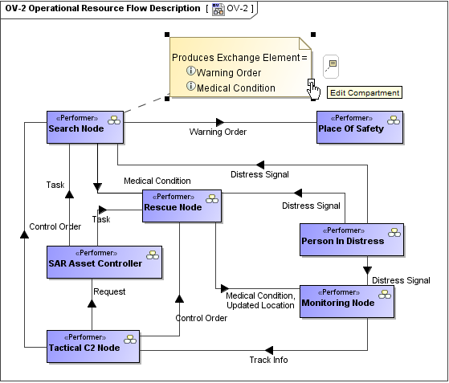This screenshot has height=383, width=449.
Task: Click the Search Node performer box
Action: pyautogui.click(x=85, y=127)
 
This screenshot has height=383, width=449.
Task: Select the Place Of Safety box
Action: pyautogui.click(x=360, y=127)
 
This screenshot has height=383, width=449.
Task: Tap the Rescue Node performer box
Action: pyautogui.click(x=182, y=206)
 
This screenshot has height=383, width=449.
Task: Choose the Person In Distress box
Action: pyautogui.click(x=352, y=239)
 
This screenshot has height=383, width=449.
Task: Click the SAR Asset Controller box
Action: pyautogui.click(x=104, y=262)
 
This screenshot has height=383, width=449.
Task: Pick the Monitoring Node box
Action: pyautogui.click(x=347, y=301)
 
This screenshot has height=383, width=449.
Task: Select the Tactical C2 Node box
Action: pyautogui.click(x=93, y=347)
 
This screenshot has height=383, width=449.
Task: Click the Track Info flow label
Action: pyautogui.click(x=268, y=360)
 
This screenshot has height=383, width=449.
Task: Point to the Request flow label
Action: pyautogui.click(x=109, y=291)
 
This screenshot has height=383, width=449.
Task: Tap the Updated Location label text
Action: pyautogui.click(x=260, y=305)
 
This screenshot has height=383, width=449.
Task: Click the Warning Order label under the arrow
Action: pyautogui.click(x=218, y=132)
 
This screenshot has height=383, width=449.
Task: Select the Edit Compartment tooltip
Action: pyautogui.click(x=365, y=93)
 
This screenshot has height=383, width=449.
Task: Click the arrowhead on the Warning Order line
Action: pyautogui.click(x=220, y=122)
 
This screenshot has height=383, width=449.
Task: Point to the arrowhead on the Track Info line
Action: pyautogui.click(x=269, y=350)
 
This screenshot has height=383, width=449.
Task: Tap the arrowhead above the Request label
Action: pyautogui.click(x=92, y=304)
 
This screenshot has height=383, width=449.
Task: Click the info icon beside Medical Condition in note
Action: pyautogui.click(x=190, y=86)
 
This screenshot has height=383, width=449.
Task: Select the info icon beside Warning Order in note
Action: pyautogui.click(x=190, y=71)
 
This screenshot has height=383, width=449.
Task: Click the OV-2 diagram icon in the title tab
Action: pyautogui.click(x=218, y=9)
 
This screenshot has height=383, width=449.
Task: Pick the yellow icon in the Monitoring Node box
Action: pyautogui.click(x=385, y=294)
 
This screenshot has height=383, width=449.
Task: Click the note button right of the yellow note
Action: pyautogui.click(x=331, y=67)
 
